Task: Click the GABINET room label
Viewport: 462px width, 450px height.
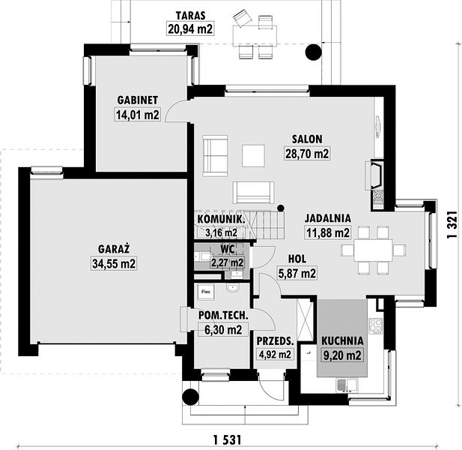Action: (138, 100)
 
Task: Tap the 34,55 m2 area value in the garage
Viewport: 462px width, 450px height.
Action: (114, 263)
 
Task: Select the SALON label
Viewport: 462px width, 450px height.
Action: (307, 139)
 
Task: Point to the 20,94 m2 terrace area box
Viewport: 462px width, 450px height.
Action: (190, 28)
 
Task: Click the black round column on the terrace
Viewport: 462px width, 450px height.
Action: (313, 52)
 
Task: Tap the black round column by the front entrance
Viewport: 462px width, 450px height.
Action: (190, 397)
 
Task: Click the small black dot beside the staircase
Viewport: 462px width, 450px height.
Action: (281, 208)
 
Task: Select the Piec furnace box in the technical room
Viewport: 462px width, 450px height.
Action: (206, 292)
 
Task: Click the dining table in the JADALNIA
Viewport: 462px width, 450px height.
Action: (374, 250)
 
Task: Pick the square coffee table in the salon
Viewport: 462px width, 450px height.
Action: (253, 156)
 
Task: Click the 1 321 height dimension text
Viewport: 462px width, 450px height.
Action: (452, 224)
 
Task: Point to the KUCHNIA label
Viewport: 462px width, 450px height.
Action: (342, 340)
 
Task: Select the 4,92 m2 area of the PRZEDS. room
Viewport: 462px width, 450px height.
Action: (275, 354)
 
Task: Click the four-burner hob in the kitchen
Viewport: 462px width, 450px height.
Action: (376, 326)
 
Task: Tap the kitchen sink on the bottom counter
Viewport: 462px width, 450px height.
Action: (347, 385)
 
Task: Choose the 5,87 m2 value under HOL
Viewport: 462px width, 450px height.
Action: (297, 273)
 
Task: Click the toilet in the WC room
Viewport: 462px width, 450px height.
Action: (204, 256)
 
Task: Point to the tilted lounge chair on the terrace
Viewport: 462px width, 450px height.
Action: (242, 18)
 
